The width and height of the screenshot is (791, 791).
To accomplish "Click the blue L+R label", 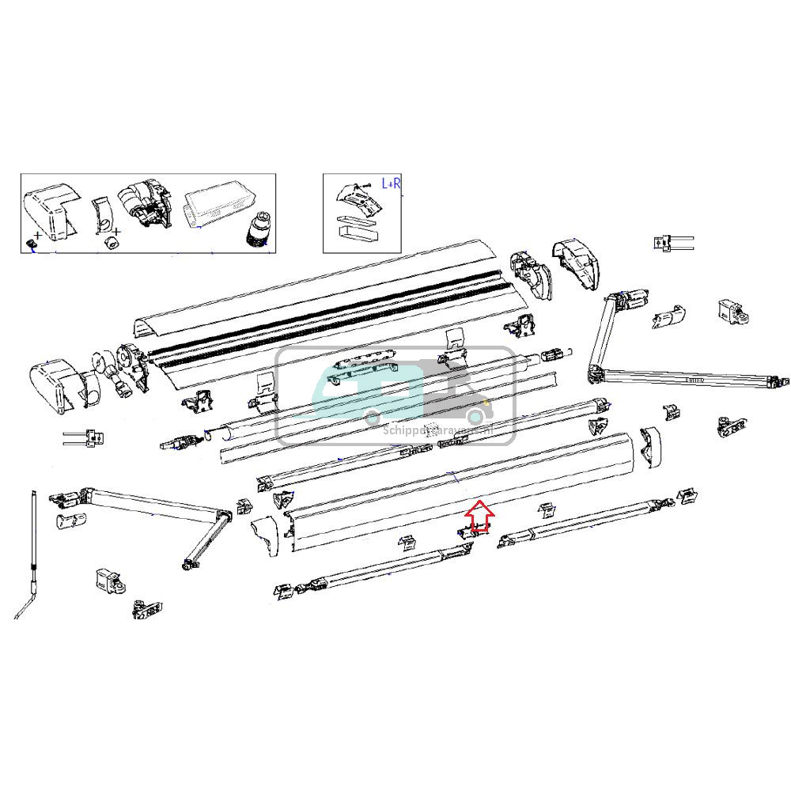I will [392, 184].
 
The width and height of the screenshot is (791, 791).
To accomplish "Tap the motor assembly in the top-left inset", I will [145, 207].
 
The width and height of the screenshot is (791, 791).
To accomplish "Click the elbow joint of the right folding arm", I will [595, 372].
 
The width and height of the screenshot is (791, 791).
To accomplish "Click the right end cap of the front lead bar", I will [648, 446].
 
